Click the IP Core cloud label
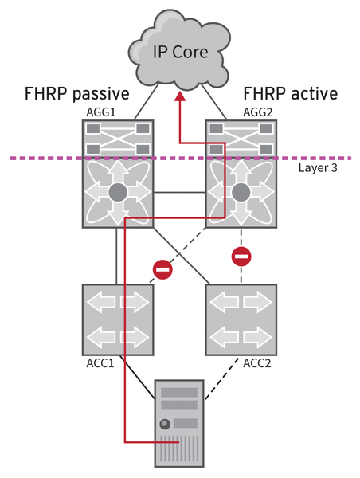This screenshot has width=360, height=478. [x=180, y=53]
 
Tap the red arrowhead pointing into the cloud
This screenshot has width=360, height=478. [x=181, y=97]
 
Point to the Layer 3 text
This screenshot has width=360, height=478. [x=320, y=170]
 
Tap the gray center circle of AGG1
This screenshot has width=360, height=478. [x=118, y=192]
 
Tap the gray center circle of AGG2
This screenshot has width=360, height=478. [x=241, y=192]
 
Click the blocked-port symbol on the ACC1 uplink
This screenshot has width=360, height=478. [x=162, y=270]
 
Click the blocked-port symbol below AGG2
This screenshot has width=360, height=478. [x=241, y=257]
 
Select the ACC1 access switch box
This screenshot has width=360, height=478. [x=118, y=319]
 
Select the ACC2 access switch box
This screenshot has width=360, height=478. [x=241, y=319]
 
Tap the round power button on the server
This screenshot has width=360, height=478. [x=165, y=423]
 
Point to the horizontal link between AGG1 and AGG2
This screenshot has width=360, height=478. [x=179, y=192]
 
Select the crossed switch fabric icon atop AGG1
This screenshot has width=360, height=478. [x=118, y=136]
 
